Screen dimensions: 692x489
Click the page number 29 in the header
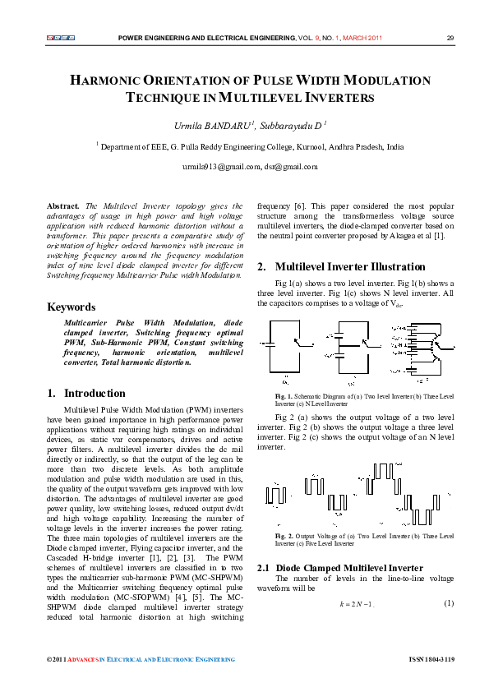click(450, 38)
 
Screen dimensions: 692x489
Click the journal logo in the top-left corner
click(61, 38)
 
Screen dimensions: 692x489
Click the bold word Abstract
click(63, 206)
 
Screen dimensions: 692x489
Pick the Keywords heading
click(72, 307)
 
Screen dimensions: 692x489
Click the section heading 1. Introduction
click(85, 393)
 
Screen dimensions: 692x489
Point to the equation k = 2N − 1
click(357, 604)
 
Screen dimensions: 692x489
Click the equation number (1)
click(449, 604)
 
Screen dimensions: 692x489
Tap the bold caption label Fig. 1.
click(284, 398)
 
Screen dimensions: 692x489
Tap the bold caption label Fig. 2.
click(284, 536)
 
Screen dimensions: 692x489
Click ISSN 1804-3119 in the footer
click(431, 659)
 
